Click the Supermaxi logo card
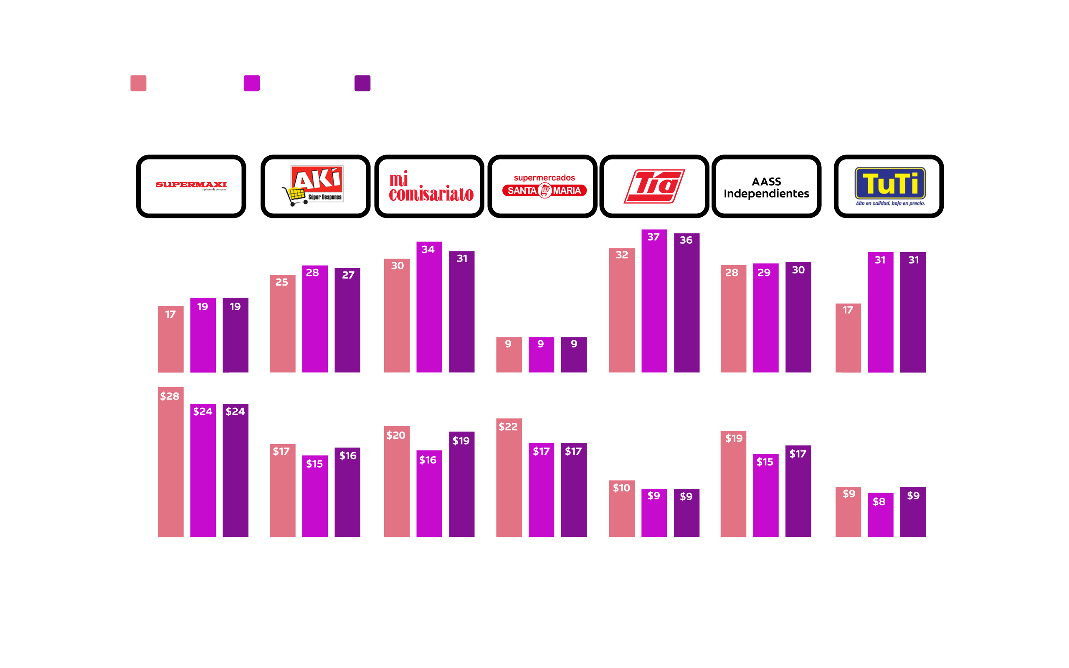[191, 186]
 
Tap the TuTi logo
[889, 186]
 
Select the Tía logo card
[654, 186]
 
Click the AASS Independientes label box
[766, 186]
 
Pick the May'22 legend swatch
[138, 83]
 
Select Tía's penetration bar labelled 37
[654, 301]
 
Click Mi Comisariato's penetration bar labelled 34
[429, 306]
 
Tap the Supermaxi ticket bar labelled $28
[170, 462]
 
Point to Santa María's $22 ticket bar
[509, 478]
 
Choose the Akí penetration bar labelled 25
[282, 324]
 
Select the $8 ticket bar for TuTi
[880, 515]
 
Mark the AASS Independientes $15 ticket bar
[765, 495]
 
